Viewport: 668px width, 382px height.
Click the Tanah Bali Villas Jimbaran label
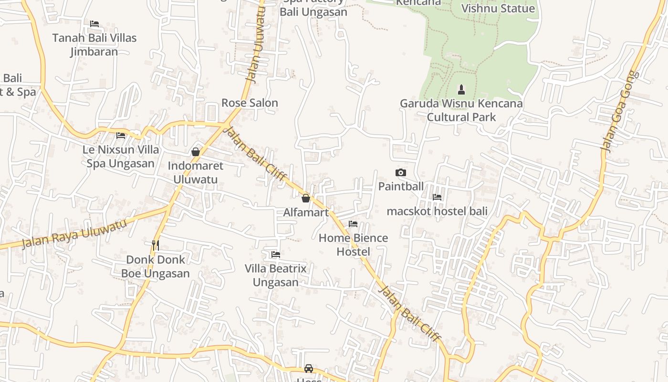click(94, 44)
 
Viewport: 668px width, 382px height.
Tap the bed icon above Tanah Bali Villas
click(94, 23)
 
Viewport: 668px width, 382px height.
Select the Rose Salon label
click(250, 103)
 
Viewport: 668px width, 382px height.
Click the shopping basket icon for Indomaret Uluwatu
click(195, 152)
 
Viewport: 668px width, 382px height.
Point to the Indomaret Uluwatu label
click(195, 172)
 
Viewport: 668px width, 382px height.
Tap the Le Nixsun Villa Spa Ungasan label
click(121, 156)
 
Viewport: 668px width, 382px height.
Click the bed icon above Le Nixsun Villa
click(121, 136)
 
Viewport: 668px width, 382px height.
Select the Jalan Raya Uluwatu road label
click(74, 233)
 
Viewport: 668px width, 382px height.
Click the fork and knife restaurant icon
click(155, 245)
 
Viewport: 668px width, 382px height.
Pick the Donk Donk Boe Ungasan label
click(155, 266)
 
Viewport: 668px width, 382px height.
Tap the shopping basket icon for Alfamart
click(306, 198)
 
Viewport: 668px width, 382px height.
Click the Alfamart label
click(306, 212)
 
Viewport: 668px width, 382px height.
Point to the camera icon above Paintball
click(401, 172)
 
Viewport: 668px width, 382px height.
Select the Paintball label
click(401, 186)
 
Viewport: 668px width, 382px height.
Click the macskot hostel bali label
click(437, 211)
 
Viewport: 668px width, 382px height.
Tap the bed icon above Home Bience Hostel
click(353, 223)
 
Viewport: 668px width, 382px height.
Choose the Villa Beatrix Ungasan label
click(276, 275)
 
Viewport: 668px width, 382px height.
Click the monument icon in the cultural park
click(461, 89)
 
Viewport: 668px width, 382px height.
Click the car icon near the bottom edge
click(309, 368)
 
